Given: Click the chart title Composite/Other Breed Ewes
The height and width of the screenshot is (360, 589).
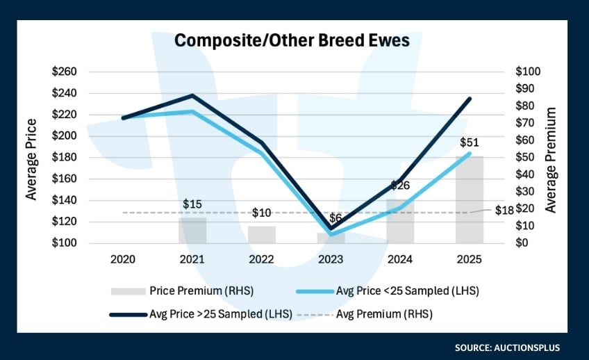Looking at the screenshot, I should (x=292, y=40).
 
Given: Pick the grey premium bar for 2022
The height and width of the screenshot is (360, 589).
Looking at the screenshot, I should (x=262, y=235).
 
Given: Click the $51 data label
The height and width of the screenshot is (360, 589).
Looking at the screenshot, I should (x=470, y=142).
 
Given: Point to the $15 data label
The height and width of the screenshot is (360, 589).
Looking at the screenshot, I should (x=192, y=204).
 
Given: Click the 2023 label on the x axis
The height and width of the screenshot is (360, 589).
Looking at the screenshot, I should (x=331, y=259).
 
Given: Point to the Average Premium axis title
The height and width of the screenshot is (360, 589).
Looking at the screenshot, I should (x=552, y=159).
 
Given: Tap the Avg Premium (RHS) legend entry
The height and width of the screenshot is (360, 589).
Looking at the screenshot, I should (x=384, y=314).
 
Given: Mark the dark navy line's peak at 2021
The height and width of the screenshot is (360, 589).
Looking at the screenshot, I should (x=192, y=95).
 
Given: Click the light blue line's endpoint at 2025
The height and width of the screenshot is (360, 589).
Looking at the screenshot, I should (x=470, y=154).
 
